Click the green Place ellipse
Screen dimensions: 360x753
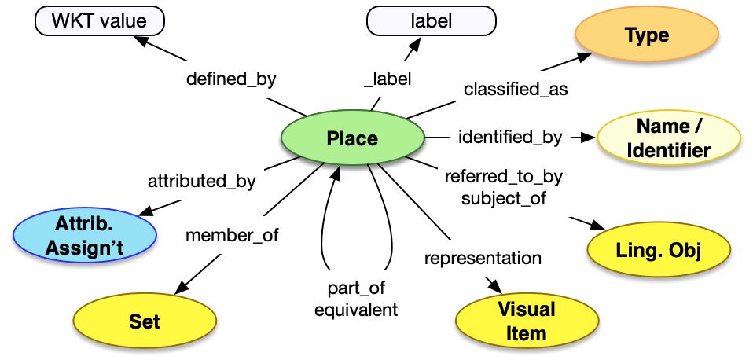click(x=352, y=139)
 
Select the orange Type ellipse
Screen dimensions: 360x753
click(x=646, y=35)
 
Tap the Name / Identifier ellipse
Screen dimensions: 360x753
click(x=667, y=138)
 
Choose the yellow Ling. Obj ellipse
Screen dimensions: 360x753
click(x=658, y=251)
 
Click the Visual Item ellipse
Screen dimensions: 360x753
click(x=526, y=321)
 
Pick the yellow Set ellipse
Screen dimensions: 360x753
click(x=145, y=321)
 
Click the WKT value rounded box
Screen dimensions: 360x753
click(x=99, y=21)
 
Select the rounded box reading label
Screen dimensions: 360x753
click(x=431, y=21)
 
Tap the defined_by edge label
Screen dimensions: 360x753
click(x=231, y=79)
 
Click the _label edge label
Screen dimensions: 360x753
click(x=388, y=79)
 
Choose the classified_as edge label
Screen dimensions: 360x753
click(x=516, y=90)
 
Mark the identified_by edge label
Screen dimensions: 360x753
click(x=510, y=138)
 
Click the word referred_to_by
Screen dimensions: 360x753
click(x=503, y=177)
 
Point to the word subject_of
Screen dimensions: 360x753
click(x=503, y=199)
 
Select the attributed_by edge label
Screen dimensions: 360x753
click(x=202, y=181)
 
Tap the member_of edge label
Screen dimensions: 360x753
click(x=232, y=235)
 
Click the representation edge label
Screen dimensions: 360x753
click(x=483, y=258)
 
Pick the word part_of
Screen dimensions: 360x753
click(x=356, y=288)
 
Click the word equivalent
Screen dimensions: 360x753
click(x=356, y=310)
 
